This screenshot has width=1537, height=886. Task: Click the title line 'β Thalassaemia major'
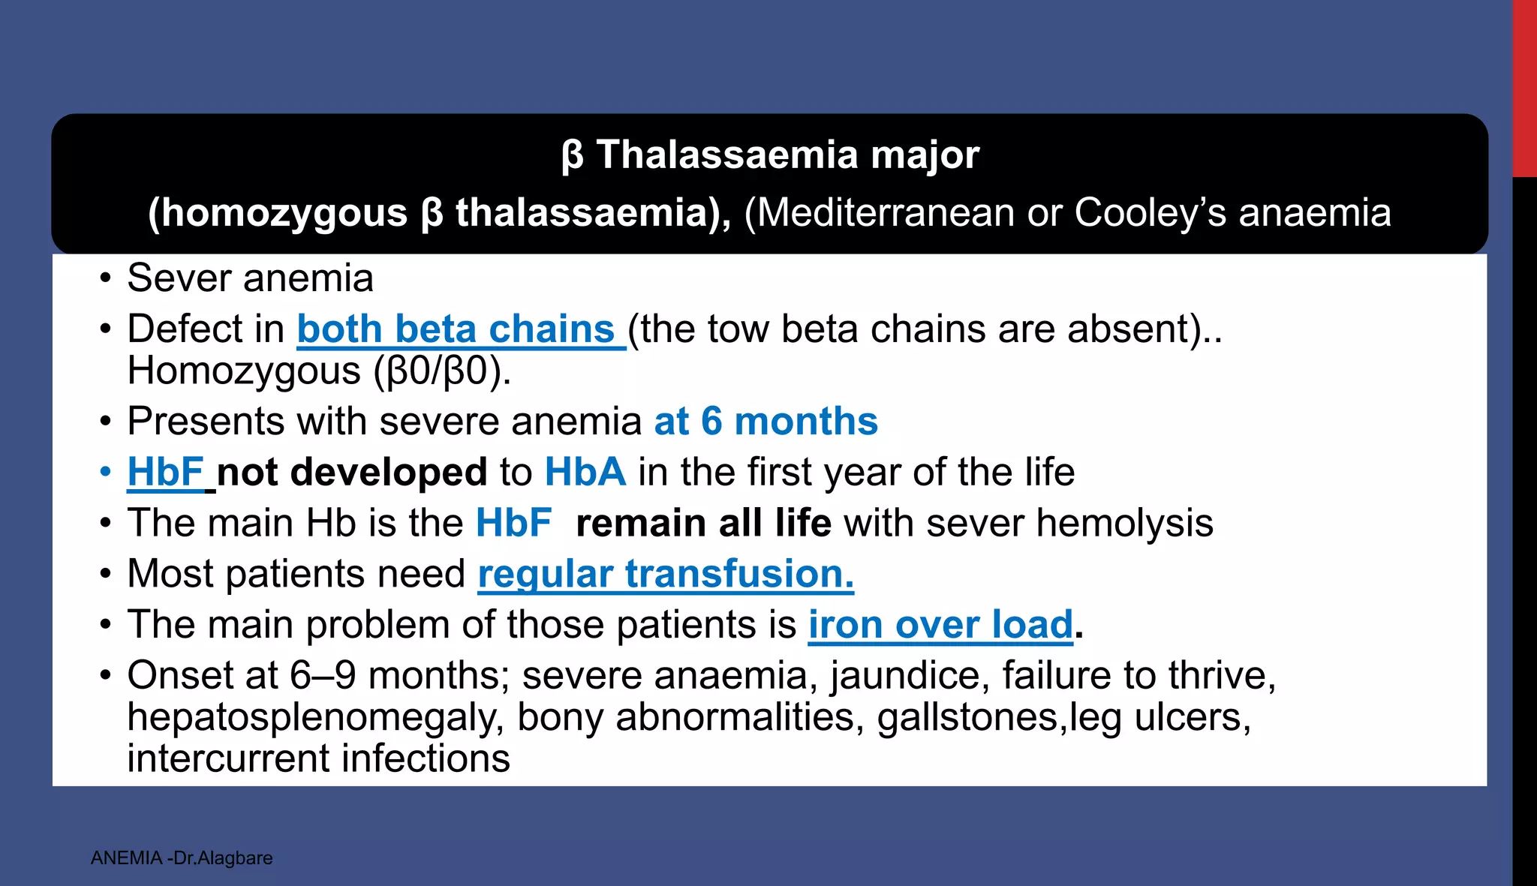[x=770, y=155]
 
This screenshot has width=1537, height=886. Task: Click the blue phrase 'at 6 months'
[x=765, y=422]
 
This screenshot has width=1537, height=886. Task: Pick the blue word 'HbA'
[x=585, y=473]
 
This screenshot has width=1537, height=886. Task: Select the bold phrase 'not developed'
[x=352, y=473]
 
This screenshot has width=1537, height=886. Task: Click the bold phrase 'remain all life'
[x=703, y=523]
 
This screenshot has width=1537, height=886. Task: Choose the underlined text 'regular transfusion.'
[x=666, y=574]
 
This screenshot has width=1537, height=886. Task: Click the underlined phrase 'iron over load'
[x=940, y=625]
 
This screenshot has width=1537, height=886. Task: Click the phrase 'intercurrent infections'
[x=318, y=758]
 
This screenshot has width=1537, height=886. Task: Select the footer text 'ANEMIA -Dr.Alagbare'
[x=182, y=857]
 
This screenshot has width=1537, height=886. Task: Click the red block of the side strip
[x=1524, y=88]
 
